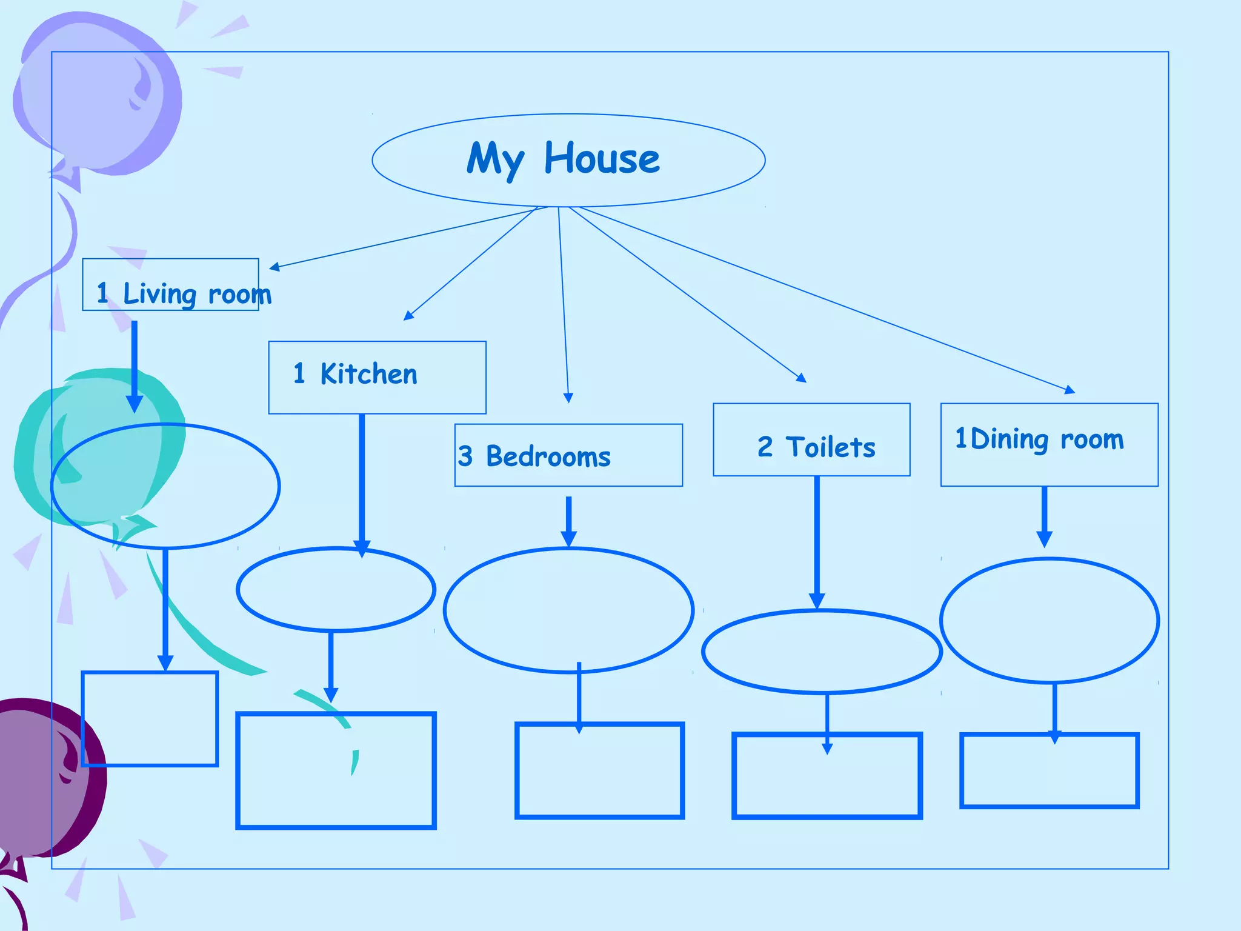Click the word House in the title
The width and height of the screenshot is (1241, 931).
[601, 159]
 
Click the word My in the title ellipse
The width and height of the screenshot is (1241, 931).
[494, 159]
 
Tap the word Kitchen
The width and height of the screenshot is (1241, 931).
[368, 374]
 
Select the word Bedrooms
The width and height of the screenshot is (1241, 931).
[548, 456]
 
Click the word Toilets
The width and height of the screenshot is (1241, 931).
[830, 447]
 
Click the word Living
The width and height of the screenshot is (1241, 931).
[159, 294]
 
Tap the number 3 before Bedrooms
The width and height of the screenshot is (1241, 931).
[465, 456]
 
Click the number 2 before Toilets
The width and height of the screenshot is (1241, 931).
[765, 447]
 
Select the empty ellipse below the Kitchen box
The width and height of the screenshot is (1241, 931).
[336, 589]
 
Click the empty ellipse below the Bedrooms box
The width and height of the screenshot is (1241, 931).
[568, 610]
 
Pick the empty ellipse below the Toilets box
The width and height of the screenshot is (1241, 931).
[822, 652]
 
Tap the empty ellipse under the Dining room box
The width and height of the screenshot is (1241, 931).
[1050, 621]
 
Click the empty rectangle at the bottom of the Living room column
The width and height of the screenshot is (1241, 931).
[150, 719]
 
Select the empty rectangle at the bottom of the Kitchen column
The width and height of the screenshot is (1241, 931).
[336, 770]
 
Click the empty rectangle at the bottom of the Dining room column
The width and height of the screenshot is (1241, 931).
[1050, 771]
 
